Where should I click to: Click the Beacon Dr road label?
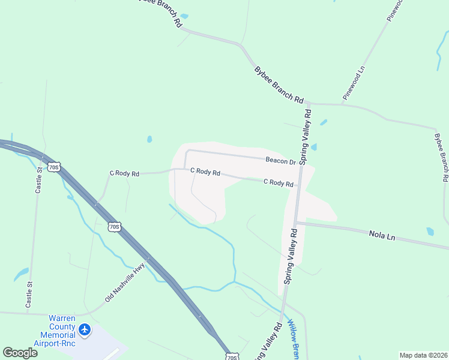[x=281, y=161]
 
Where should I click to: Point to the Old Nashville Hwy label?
[x=125, y=283]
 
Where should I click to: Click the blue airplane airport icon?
[x=85, y=329]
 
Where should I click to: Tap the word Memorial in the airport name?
[x=58, y=335]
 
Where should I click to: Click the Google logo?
[x=20, y=353]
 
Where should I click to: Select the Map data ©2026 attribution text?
[x=423, y=355]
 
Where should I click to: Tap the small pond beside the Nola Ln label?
[x=430, y=231]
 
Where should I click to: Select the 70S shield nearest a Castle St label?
[x=54, y=166]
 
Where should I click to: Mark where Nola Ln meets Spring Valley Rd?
[x=297, y=223]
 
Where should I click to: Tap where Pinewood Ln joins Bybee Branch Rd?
[x=342, y=104]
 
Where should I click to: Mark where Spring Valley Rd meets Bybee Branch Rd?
[x=309, y=103]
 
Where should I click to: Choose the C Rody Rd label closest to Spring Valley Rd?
[x=279, y=183]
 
